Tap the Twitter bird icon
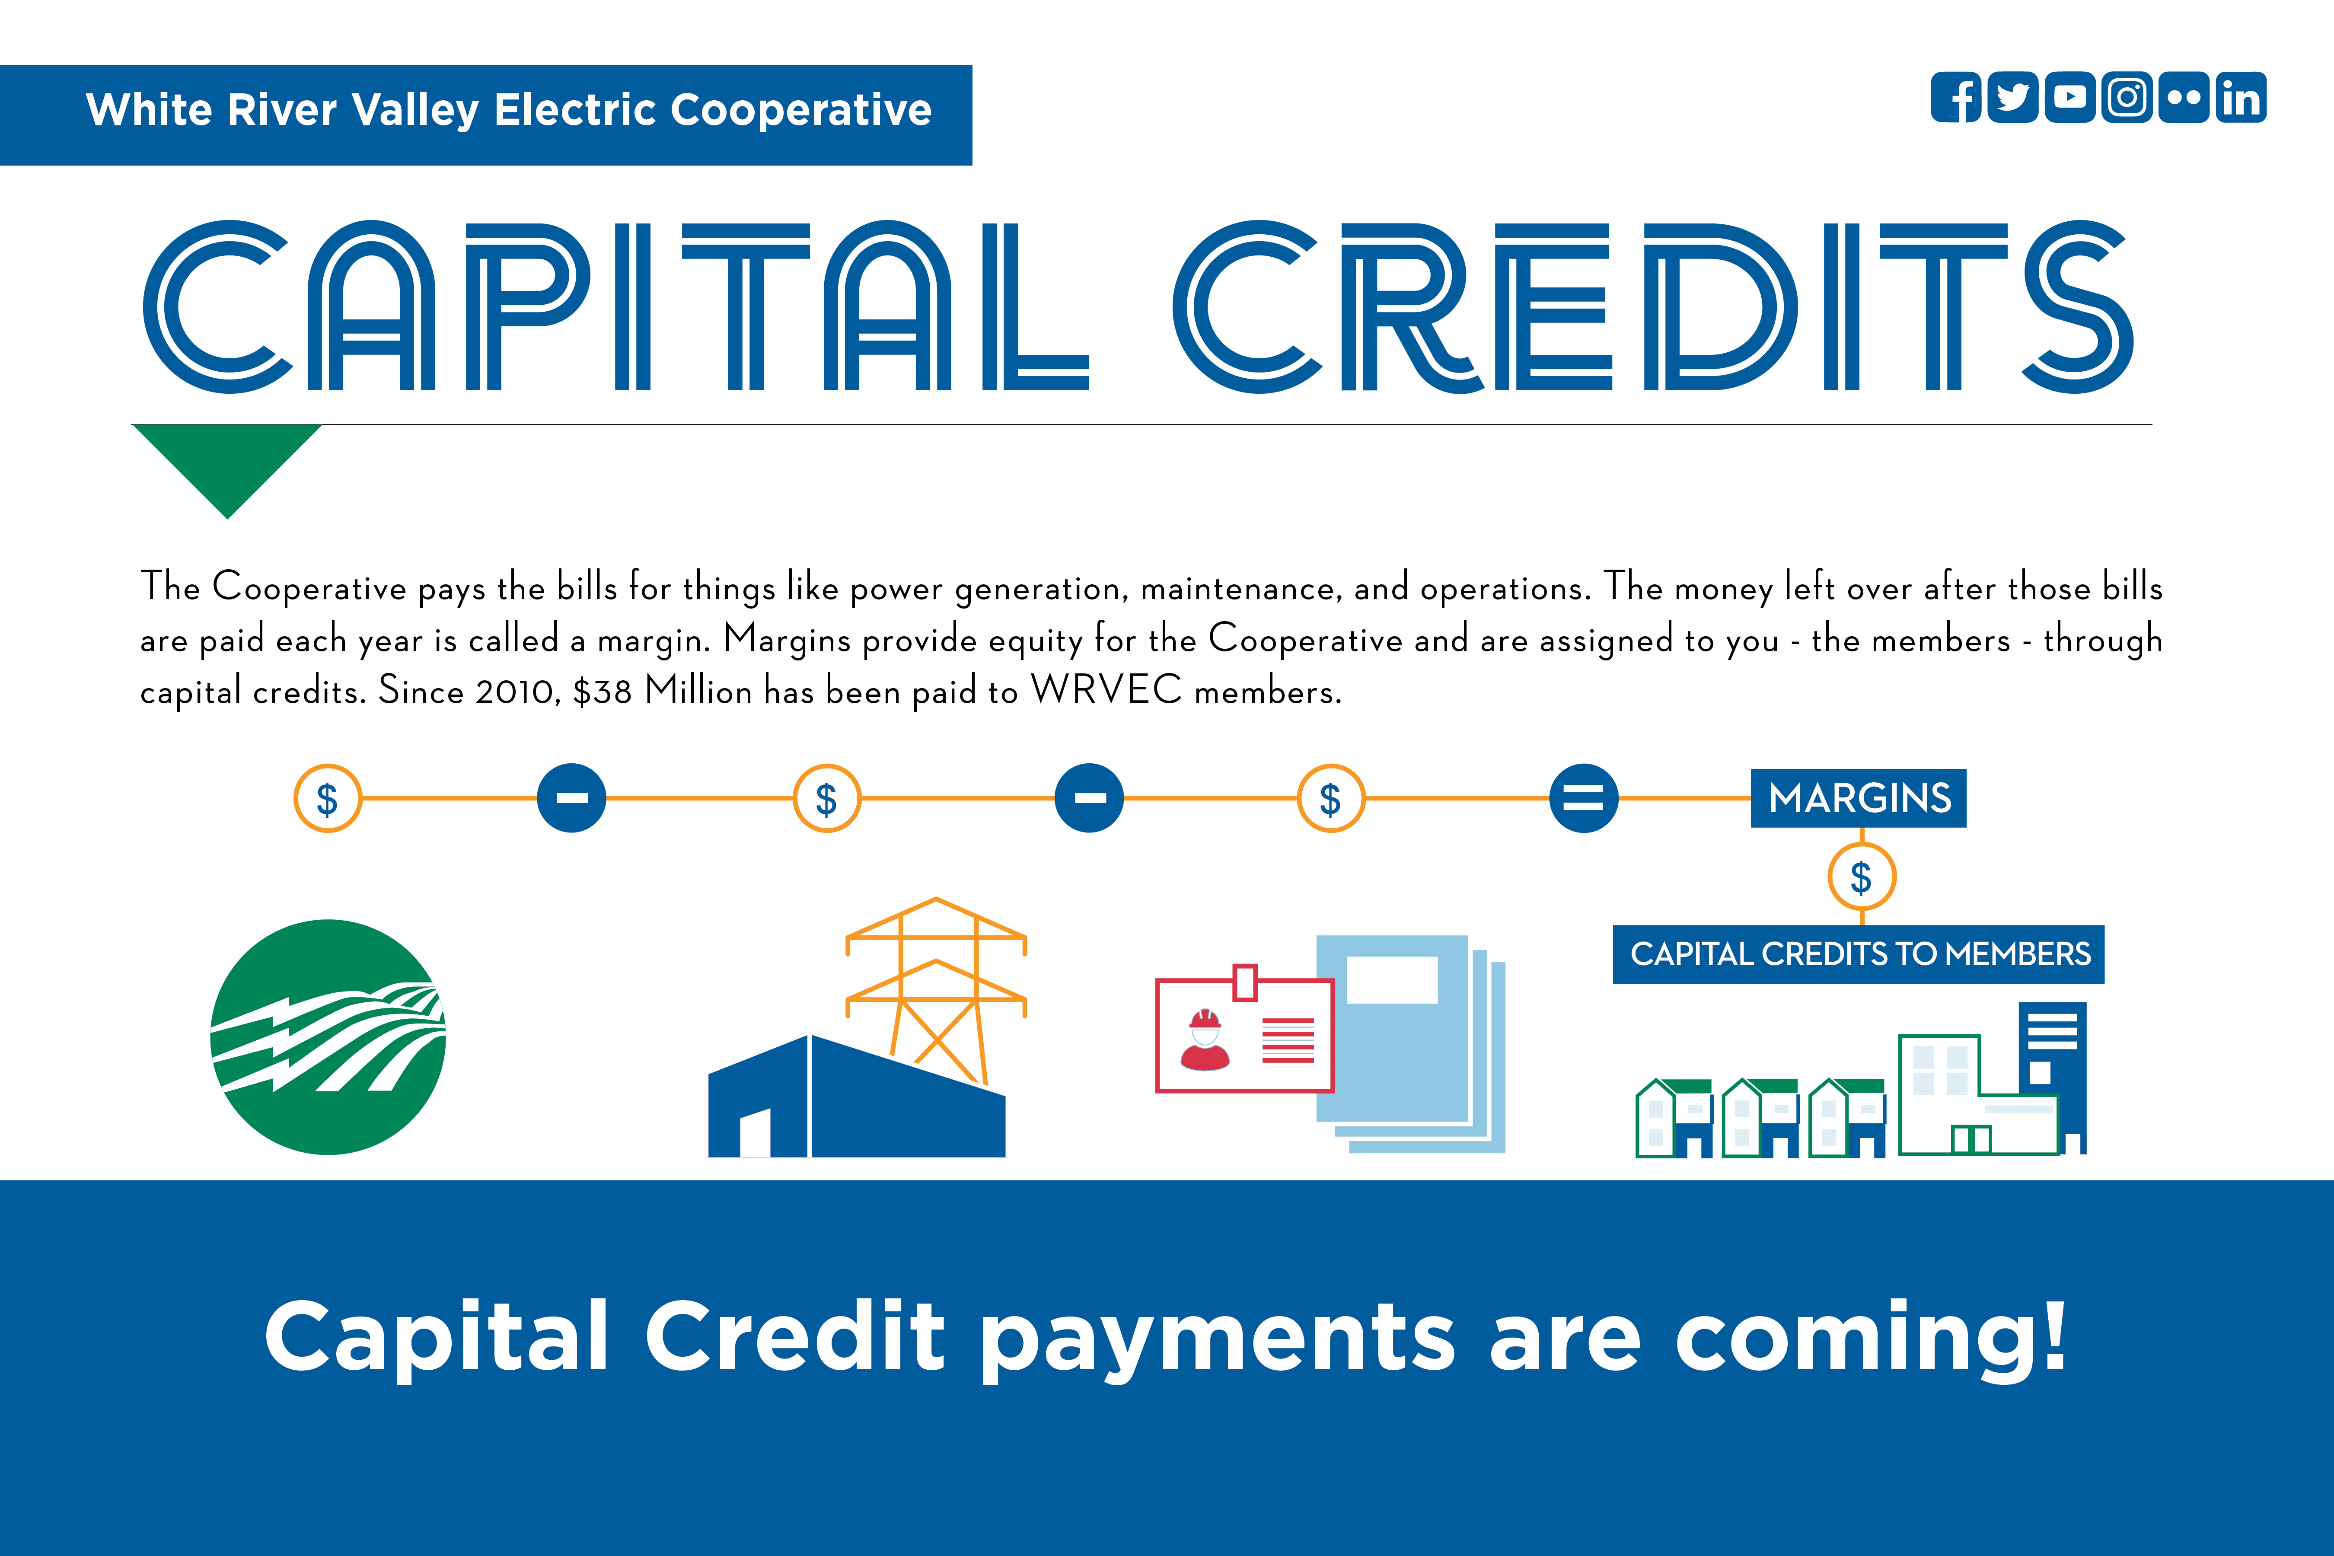[2012, 97]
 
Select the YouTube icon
[2070, 97]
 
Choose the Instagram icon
[2127, 97]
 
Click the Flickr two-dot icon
[2183, 97]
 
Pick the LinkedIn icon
[2241, 97]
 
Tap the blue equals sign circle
[1584, 798]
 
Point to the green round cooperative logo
[328, 1037]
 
